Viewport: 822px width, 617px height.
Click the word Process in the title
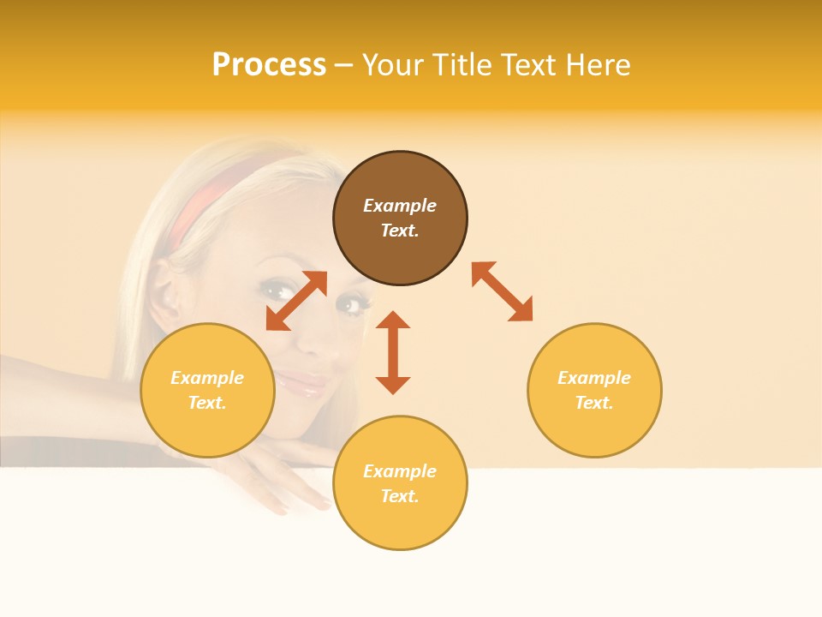[x=269, y=65]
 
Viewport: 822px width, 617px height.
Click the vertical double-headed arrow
[x=393, y=352]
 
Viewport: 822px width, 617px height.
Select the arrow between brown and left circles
[x=296, y=301]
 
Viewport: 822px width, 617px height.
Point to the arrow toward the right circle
[x=502, y=291]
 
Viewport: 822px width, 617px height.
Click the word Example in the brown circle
[x=400, y=206]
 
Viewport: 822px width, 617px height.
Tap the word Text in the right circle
[x=594, y=403]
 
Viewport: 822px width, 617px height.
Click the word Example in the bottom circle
[x=400, y=471]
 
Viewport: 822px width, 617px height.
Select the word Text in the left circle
[x=207, y=403]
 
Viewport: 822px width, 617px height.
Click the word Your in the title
[x=390, y=65]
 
